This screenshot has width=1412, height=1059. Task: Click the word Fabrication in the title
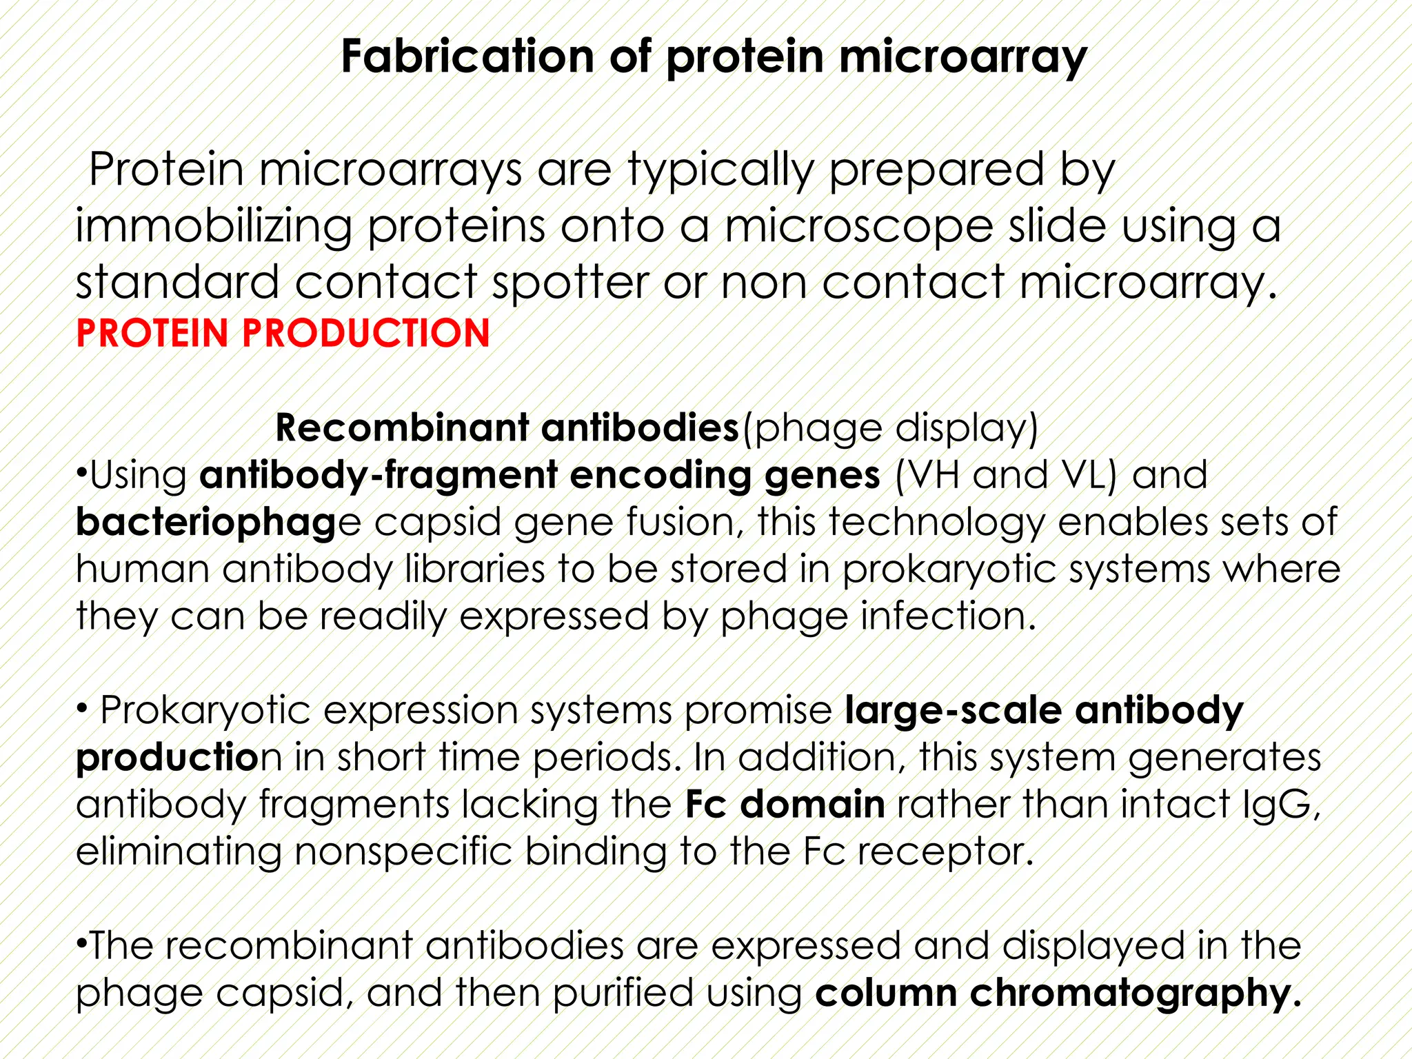[x=467, y=57]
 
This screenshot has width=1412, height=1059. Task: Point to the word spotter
[x=570, y=283]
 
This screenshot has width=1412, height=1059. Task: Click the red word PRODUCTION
[x=365, y=334]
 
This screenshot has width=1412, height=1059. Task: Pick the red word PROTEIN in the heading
[x=152, y=334]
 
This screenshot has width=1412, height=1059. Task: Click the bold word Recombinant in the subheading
[x=401, y=428]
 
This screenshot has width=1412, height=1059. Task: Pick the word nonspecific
[x=403, y=851]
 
